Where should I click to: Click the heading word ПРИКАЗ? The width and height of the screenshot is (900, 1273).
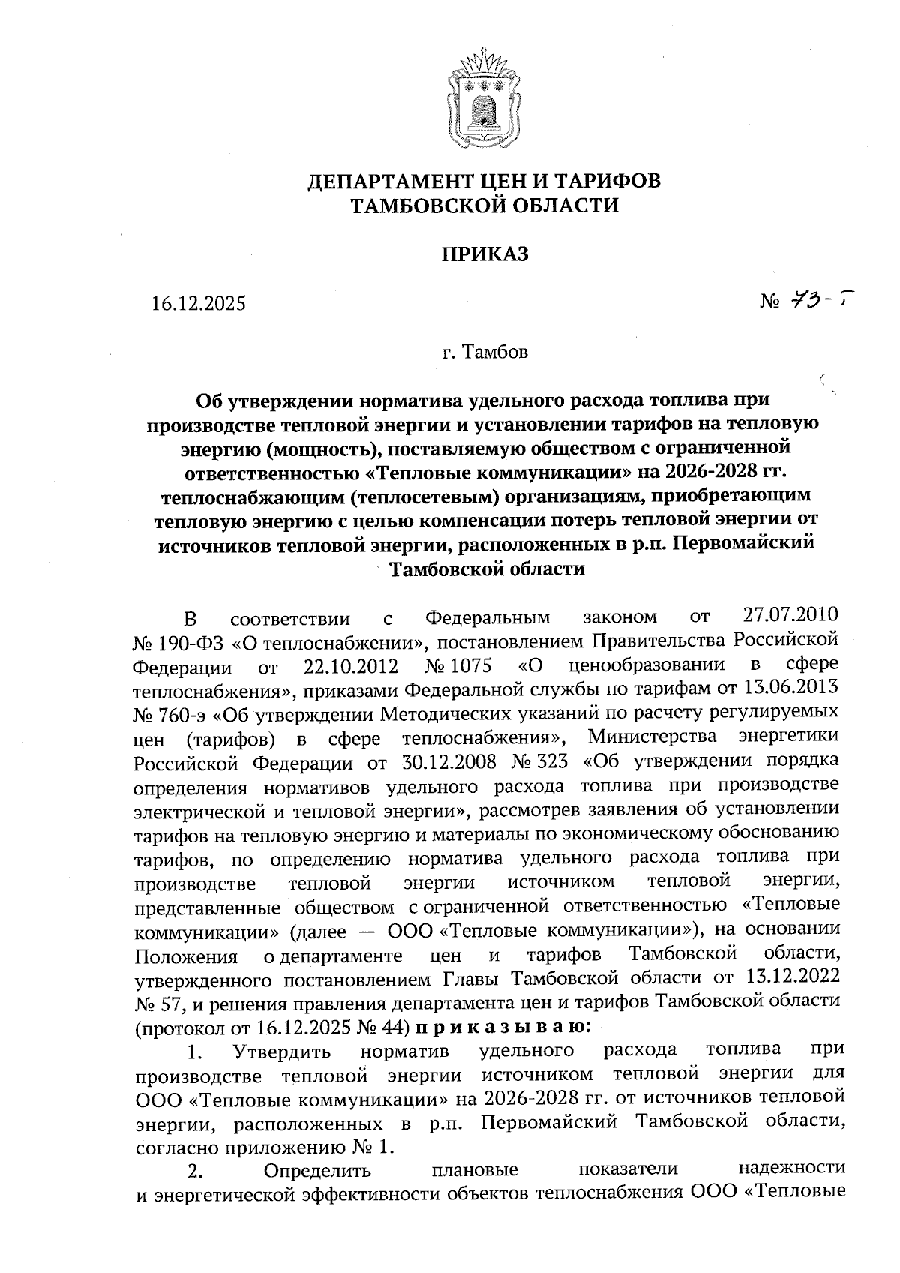[484, 254]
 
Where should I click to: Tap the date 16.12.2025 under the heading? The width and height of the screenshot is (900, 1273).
[198, 304]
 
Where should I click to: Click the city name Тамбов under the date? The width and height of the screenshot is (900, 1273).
[496, 352]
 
